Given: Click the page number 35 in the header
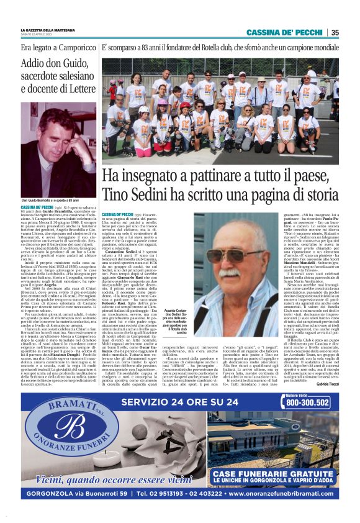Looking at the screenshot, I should pyautogui.click(x=335, y=33).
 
